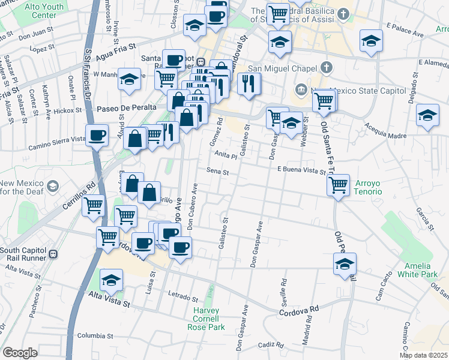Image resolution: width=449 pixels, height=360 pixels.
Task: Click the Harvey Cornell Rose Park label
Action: [208, 319]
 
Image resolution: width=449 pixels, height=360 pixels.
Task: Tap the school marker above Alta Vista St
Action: [111, 281]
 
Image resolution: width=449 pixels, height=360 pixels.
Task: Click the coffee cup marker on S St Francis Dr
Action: [97, 136]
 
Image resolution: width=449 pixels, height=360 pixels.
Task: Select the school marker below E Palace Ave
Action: [371, 42]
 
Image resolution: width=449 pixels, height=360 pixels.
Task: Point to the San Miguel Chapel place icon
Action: [327, 66]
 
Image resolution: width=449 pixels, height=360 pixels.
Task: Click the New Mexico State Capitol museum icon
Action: [300, 91]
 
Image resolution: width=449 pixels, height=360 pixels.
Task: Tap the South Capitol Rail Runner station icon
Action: [54, 253]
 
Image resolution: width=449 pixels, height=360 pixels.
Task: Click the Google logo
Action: [20, 353]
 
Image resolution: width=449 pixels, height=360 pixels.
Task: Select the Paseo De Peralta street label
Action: [127, 107]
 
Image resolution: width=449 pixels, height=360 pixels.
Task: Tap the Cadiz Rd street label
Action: [272, 344]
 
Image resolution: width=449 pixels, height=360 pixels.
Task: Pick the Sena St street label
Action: [218, 172]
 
